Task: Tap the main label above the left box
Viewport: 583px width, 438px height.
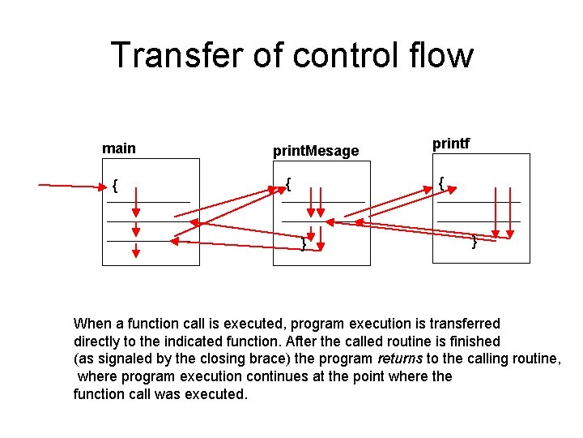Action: (x=119, y=148)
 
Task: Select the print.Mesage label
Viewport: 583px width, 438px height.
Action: (x=316, y=151)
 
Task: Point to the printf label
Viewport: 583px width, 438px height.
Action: (x=451, y=144)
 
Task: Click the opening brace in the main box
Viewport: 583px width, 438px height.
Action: (x=116, y=187)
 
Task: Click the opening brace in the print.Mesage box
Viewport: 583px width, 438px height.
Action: (x=288, y=185)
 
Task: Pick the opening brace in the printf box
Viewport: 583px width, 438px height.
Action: (x=440, y=184)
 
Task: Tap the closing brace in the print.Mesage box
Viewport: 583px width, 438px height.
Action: (x=303, y=243)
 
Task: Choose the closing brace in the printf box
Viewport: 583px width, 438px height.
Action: (x=474, y=241)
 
